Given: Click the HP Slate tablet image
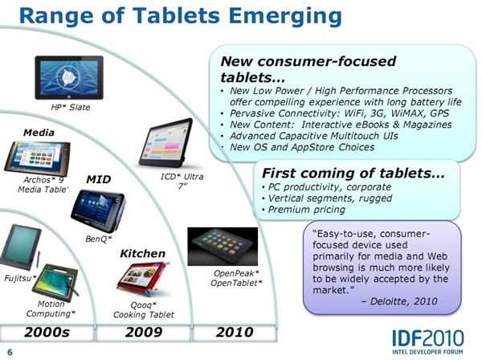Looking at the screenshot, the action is pyautogui.click(x=69, y=77).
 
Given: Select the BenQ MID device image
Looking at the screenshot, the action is pyautogui.click(x=98, y=211).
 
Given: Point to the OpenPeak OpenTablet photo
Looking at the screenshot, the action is pyautogui.click(x=223, y=247).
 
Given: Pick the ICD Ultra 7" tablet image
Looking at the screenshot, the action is pyautogui.click(x=166, y=143).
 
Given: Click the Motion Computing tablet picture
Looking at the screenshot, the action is pyautogui.click(x=55, y=282).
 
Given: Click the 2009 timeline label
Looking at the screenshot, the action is pyautogui.click(x=144, y=333).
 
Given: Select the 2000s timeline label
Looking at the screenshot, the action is pyautogui.click(x=47, y=333).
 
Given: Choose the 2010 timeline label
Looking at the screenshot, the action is pyautogui.click(x=235, y=333).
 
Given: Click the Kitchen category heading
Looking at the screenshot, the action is pyautogui.click(x=143, y=254).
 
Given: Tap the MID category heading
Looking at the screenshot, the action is pyautogui.click(x=98, y=179).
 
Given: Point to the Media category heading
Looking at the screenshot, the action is pyautogui.click(x=39, y=133).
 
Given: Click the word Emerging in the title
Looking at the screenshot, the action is pyautogui.click(x=285, y=16).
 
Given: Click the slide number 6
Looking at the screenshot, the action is pyautogui.click(x=10, y=352).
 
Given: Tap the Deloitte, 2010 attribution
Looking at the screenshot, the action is pyautogui.click(x=399, y=301).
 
